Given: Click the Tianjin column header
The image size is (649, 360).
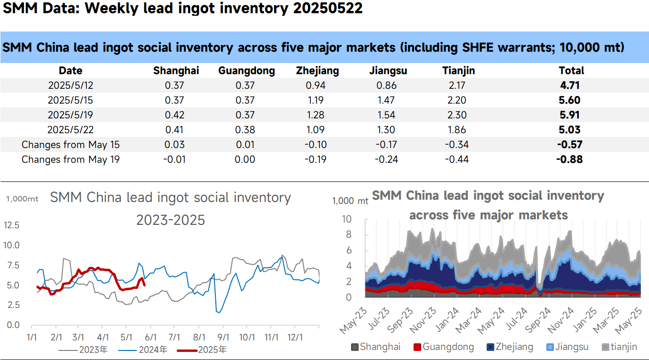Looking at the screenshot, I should click(x=458, y=71).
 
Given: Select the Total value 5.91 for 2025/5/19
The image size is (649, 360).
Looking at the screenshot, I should click(x=571, y=115).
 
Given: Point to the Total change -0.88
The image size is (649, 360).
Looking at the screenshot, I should click(x=570, y=159).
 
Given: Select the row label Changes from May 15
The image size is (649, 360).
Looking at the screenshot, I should click(x=70, y=144).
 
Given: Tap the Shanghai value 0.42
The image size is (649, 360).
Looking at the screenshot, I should click(x=175, y=115).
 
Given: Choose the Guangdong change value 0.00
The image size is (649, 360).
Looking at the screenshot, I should click(x=245, y=159).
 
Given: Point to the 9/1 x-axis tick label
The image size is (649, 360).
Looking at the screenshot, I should click(x=222, y=337).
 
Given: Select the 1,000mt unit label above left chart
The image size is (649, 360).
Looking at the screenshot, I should click(x=22, y=199).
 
